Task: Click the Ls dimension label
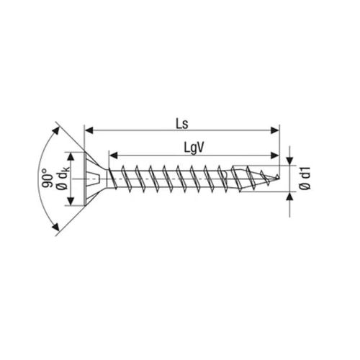tap(181, 123)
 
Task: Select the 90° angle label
tap(45, 178)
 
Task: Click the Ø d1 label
tap(305, 178)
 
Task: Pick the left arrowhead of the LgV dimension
tap(113, 154)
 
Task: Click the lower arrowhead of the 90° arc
tap(55, 228)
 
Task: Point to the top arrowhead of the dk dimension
tap(70, 156)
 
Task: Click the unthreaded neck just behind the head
tap(110, 179)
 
